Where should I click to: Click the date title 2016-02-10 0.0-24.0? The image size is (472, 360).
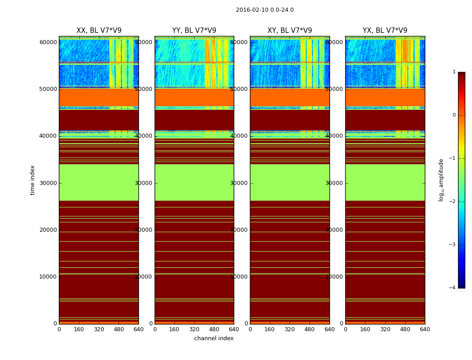pyautogui.click(x=265, y=10)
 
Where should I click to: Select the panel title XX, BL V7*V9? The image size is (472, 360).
pyautogui.click(x=99, y=31)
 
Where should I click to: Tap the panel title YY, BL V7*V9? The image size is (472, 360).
pyautogui.click(x=194, y=31)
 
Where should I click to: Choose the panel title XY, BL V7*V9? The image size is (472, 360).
pyautogui.click(x=289, y=31)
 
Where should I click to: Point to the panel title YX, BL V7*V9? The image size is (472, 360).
pyautogui.click(x=385, y=31)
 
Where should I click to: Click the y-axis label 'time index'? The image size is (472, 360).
pyautogui.click(x=32, y=180)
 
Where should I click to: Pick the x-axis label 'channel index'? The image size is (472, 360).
pyautogui.click(x=214, y=338)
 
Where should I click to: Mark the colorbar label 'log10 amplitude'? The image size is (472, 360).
pyautogui.click(x=441, y=180)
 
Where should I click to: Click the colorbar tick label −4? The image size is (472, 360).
pyautogui.click(x=454, y=288)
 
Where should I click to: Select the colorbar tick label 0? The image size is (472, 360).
pyautogui.click(x=454, y=115)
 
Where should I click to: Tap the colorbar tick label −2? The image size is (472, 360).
pyautogui.click(x=454, y=202)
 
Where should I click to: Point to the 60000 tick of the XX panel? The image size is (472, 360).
pyautogui.click(x=48, y=42)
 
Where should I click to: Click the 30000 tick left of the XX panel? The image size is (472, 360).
pyautogui.click(x=48, y=183)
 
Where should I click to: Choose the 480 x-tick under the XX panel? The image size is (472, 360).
pyautogui.click(x=119, y=329)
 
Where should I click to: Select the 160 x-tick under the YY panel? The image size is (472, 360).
pyautogui.click(x=174, y=329)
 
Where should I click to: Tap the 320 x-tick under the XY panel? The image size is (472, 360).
pyautogui.click(x=289, y=329)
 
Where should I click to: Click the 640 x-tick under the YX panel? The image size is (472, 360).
pyautogui.click(x=425, y=329)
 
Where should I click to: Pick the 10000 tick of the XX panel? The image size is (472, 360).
pyautogui.click(x=48, y=277)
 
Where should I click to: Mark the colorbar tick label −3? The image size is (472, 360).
pyautogui.click(x=454, y=245)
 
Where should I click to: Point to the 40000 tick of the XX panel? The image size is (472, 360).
pyautogui.click(x=48, y=136)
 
